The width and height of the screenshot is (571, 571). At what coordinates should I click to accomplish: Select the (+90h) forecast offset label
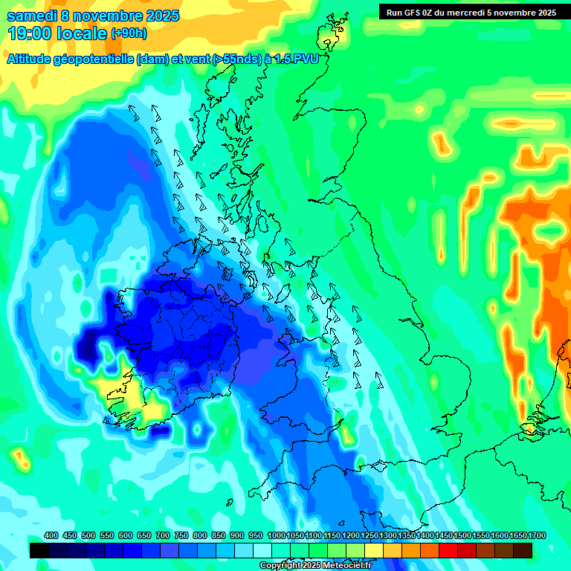[129, 33]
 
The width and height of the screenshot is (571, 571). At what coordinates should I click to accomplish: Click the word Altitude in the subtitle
[33, 60]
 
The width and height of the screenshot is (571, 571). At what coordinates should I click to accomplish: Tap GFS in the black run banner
[418, 13]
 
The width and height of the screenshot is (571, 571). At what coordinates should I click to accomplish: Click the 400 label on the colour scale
[51, 536]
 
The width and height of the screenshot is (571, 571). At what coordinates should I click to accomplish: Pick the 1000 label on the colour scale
[276, 536]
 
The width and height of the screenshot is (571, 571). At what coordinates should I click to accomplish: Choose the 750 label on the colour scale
[181, 536]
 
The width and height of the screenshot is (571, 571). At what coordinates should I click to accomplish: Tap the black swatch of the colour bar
[39, 550]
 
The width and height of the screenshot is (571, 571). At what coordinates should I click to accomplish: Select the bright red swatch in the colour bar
[448, 550]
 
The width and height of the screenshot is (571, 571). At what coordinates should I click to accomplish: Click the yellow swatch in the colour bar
[374, 550]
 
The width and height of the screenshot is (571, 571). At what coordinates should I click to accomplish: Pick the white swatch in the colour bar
[262, 550]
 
